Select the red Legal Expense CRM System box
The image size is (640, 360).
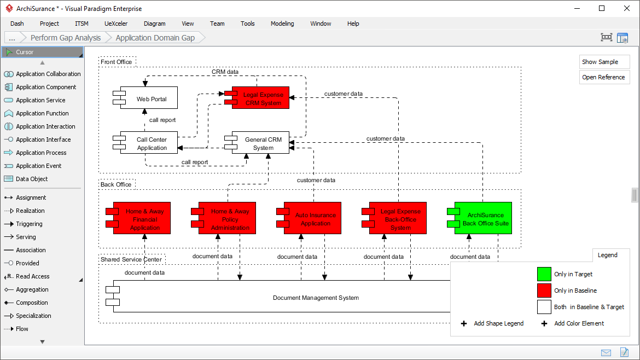pyautogui.click(x=263, y=98)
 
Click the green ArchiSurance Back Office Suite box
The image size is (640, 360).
pyautogui.click(x=485, y=218)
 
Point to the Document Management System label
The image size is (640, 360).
pyautogui.click(x=316, y=298)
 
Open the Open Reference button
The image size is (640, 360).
pyautogui.click(x=604, y=77)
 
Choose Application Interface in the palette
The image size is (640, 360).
pyautogui.click(x=43, y=140)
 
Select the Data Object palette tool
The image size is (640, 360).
pyautogui.click(x=31, y=179)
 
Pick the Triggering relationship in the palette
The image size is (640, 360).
pyautogui.click(x=29, y=224)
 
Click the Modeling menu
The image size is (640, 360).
pyautogui.click(x=282, y=24)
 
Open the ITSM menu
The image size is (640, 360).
pyautogui.click(x=82, y=24)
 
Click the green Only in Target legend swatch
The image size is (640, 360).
pyautogui.click(x=544, y=274)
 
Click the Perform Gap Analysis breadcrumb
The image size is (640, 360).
pyautogui.click(x=66, y=38)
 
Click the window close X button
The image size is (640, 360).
pyautogui.click(x=627, y=8)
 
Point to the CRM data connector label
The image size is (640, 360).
pyautogui.click(x=225, y=72)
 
